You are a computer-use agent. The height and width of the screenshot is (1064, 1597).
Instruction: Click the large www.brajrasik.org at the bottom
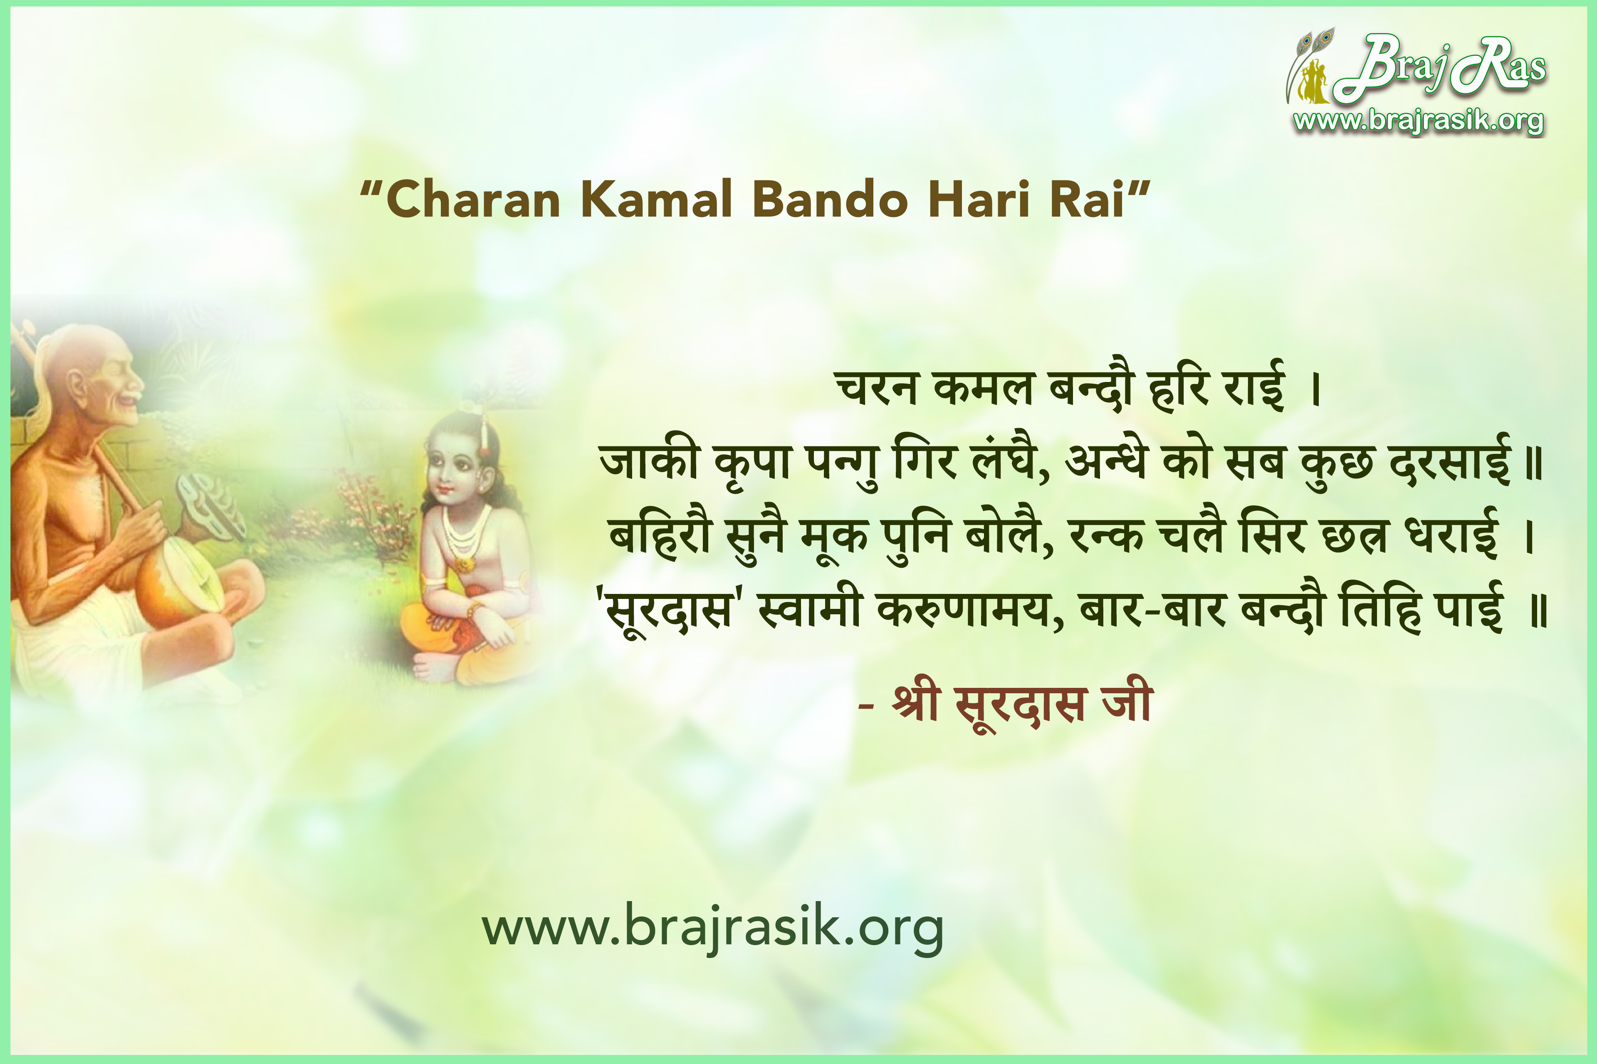713,928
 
